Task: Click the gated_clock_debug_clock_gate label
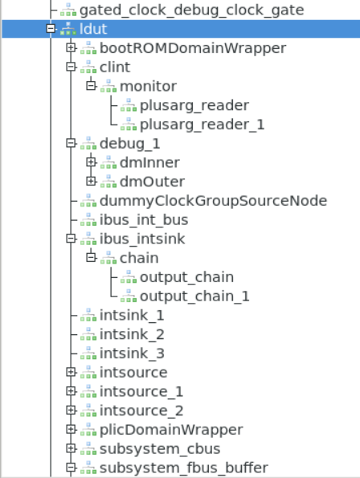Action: click(x=192, y=10)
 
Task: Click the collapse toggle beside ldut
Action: click(x=51, y=29)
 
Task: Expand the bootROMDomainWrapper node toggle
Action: click(x=71, y=48)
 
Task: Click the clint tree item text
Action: click(x=114, y=67)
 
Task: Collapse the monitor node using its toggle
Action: click(x=91, y=86)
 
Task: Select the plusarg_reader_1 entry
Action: click(x=202, y=124)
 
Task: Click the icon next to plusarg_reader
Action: click(x=129, y=105)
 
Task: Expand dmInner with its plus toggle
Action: click(x=91, y=162)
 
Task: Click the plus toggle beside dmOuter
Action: click(x=91, y=182)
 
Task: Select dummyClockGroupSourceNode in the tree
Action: click(x=213, y=201)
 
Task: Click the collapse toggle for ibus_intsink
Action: click(x=71, y=239)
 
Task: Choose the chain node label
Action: click(x=138, y=258)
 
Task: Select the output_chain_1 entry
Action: click(x=194, y=296)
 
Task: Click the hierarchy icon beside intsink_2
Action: click(x=88, y=334)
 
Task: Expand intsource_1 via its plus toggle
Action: click(x=71, y=391)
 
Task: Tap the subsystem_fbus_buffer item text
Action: click(x=183, y=468)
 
